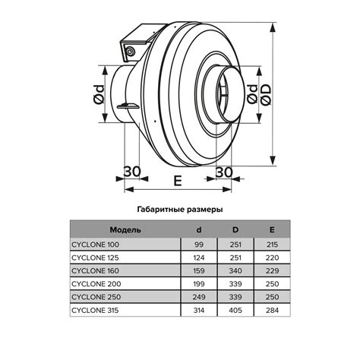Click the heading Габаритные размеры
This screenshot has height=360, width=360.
point(179,207)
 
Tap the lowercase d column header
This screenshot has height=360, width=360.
point(198,229)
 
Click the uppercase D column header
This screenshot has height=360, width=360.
point(235,229)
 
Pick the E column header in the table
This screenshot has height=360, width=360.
point(272,229)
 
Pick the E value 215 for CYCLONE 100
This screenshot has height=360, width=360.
point(272,245)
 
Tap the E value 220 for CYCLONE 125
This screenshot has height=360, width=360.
point(272,258)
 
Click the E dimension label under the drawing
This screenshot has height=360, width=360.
point(176,181)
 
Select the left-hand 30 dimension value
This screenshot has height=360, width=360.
point(131,172)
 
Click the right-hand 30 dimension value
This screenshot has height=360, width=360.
point(223,172)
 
